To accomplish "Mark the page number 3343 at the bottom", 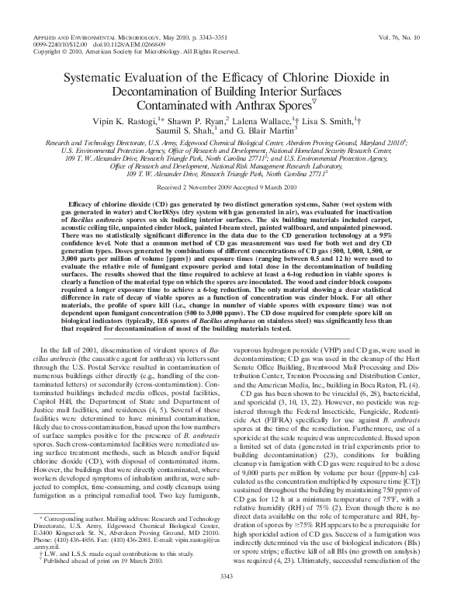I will click(227, 596).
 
